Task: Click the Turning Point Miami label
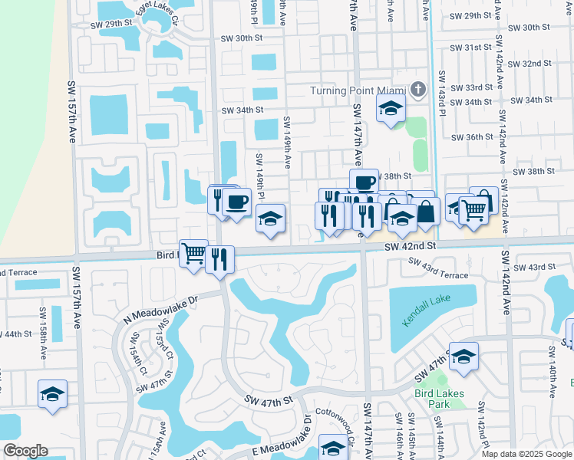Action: coord(358,90)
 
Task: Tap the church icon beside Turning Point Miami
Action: coord(417,90)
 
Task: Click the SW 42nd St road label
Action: coord(410,246)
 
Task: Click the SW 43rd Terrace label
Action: coord(437,268)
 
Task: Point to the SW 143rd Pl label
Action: coord(443,94)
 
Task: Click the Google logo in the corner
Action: coord(25,451)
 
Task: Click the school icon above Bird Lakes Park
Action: coord(463,356)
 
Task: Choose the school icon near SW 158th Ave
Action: coord(52,394)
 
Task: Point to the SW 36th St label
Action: coord(472,137)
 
